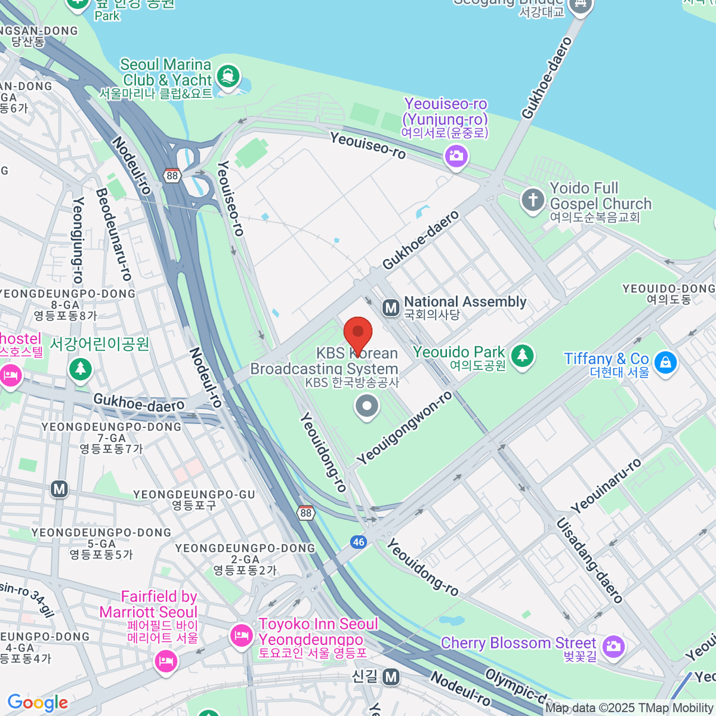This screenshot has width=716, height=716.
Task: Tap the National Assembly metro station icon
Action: (x=391, y=308)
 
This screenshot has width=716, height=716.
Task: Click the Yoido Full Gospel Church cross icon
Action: (x=533, y=200)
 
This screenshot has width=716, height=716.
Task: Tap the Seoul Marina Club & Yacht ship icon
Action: (x=227, y=76)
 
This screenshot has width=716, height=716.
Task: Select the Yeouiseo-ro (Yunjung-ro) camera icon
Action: (x=456, y=157)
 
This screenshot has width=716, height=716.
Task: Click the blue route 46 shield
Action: (x=358, y=542)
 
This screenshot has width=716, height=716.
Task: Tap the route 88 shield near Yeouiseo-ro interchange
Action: (x=172, y=175)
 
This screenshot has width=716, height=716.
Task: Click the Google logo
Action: (x=38, y=702)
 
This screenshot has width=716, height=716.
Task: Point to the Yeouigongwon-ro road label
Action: (x=405, y=428)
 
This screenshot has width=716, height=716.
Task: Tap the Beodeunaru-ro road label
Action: (x=113, y=234)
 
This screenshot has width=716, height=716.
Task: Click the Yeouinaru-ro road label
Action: (x=606, y=486)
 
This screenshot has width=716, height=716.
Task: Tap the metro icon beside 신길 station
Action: (x=391, y=677)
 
